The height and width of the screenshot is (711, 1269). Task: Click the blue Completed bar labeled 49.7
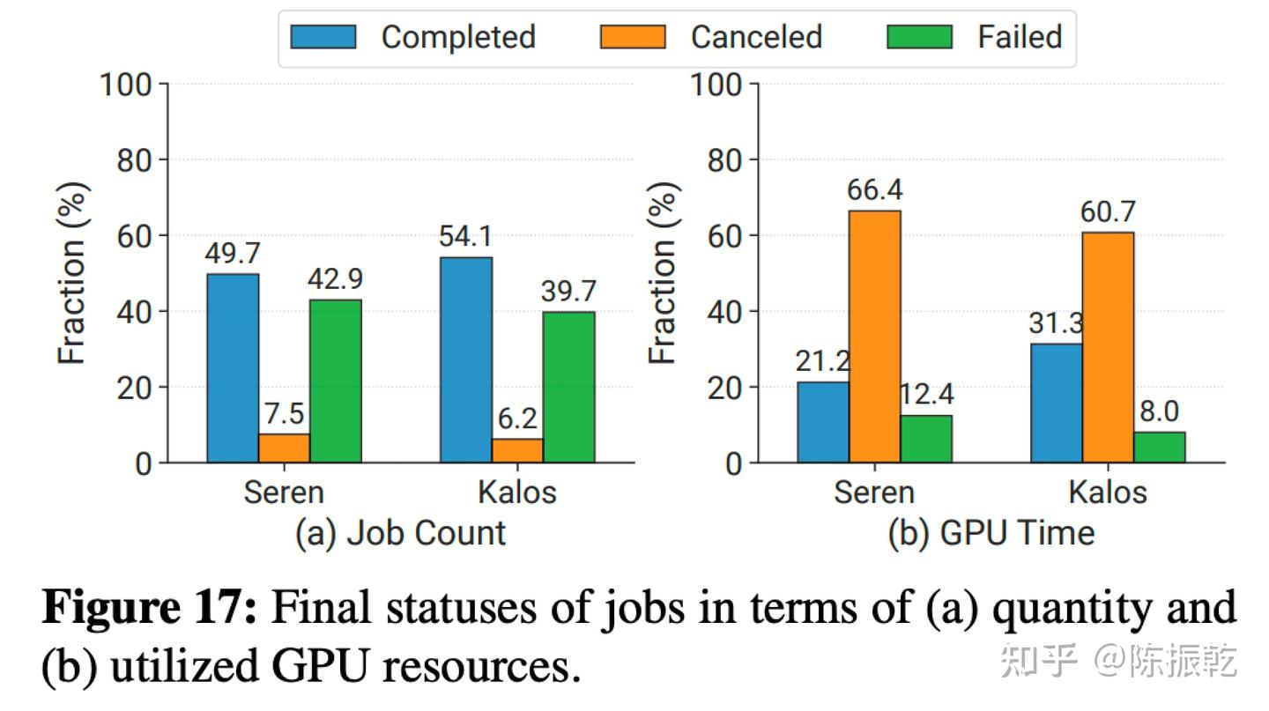[233, 368]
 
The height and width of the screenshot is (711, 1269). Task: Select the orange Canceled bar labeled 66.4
[875, 337]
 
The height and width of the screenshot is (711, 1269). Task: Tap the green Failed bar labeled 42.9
[336, 381]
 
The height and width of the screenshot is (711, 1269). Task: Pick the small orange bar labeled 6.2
[517, 450]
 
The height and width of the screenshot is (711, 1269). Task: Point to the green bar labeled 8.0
[1160, 447]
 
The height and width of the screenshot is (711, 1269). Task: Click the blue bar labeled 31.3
[1057, 403]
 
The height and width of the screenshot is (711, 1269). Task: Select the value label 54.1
[466, 237]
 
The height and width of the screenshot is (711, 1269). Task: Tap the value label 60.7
[1108, 212]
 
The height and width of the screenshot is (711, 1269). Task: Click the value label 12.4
[926, 395]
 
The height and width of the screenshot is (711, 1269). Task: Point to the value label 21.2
[823, 362]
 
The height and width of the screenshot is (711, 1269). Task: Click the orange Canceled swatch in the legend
[633, 37]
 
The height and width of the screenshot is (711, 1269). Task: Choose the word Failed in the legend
[1020, 37]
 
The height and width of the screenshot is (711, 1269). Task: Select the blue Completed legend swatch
[323, 37]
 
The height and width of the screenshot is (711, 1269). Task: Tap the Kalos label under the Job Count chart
[517, 492]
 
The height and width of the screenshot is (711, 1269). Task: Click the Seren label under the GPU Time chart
[874, 492]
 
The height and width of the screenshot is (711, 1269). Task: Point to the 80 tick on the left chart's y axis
[134, 160]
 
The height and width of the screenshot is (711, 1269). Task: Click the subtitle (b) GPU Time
[990, 533]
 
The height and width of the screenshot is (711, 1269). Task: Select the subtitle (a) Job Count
[401, 533]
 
